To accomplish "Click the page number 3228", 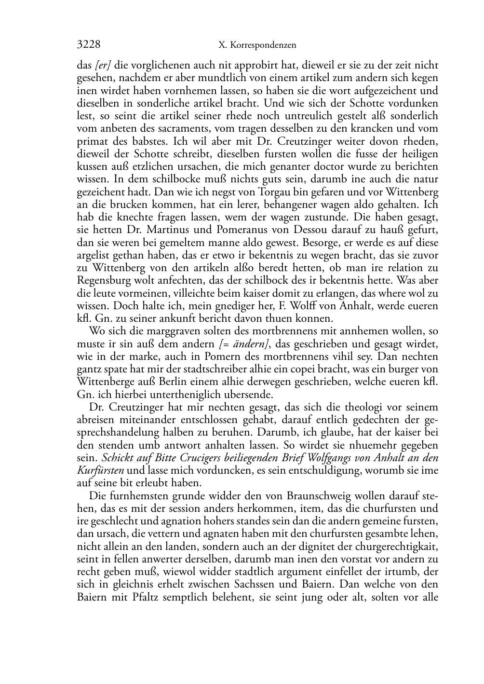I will [89, 45].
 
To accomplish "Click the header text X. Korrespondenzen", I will [257, 45].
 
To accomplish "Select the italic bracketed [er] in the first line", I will [103, 66].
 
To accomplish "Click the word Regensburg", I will [102, 281].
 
